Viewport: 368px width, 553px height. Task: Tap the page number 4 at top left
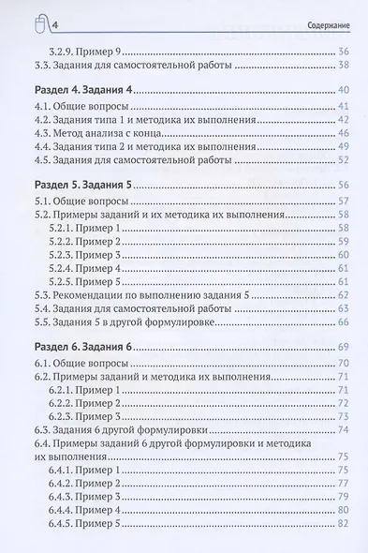click(x=31, y=22)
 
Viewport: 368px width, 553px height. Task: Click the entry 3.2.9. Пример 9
click(x=89, y=49)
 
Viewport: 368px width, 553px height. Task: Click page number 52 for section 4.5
click(x=343, y=160)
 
